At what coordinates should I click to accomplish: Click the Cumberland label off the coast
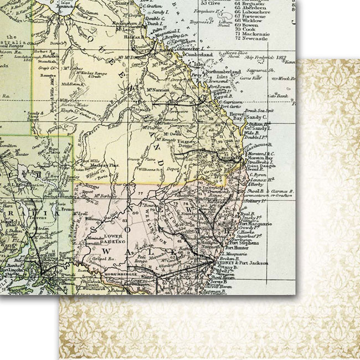tap(198, 55)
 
